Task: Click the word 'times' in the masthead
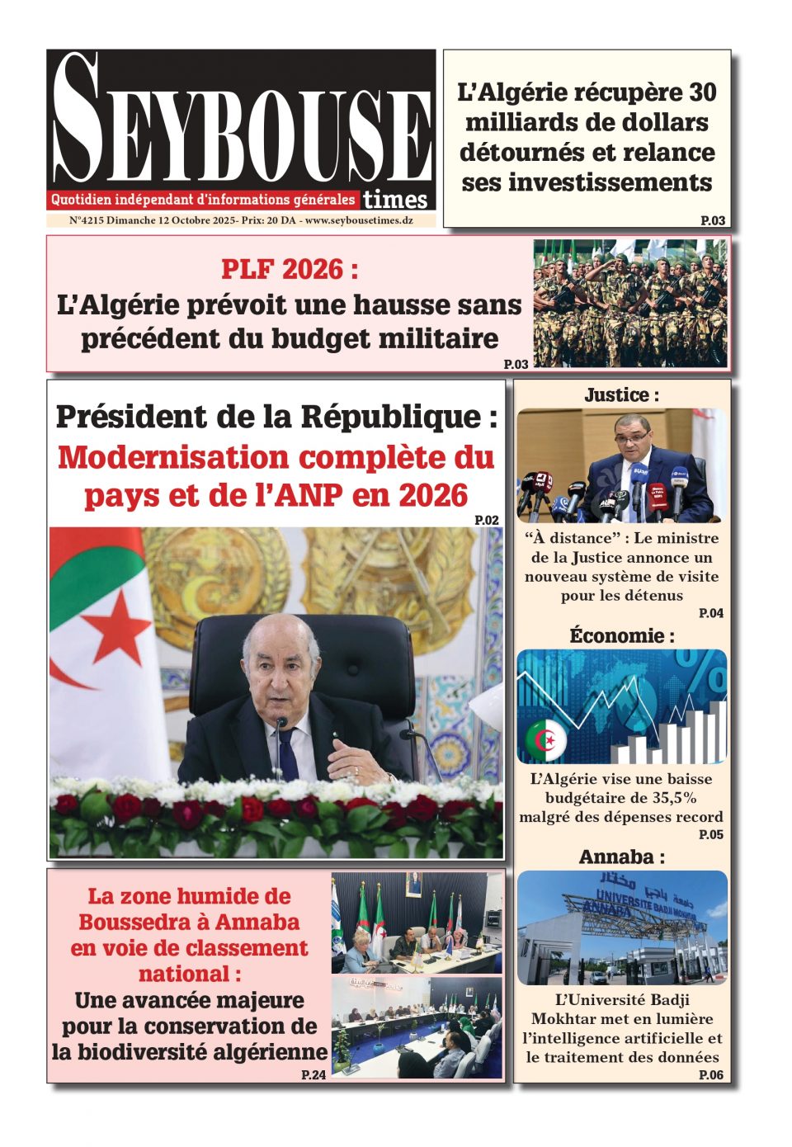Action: click(x=395, y=200)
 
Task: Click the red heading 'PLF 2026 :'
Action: click(x=290, y=269)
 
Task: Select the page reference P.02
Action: click(x=487, y=520)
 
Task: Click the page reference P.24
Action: click(x=313, y=1074)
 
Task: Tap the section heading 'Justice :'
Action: click(x=621, y=395)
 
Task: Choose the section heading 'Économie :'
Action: click(x=621, y=636)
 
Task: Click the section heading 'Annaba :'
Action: click(x=621, y=857)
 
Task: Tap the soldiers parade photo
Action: click(x=630, y=303)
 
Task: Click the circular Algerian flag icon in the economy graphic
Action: click(x=545, y=739)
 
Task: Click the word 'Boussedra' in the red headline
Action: click(x=131, y=922)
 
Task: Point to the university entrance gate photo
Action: click(x=621, y=927)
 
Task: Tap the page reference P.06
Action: click(x=710, y=1074)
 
